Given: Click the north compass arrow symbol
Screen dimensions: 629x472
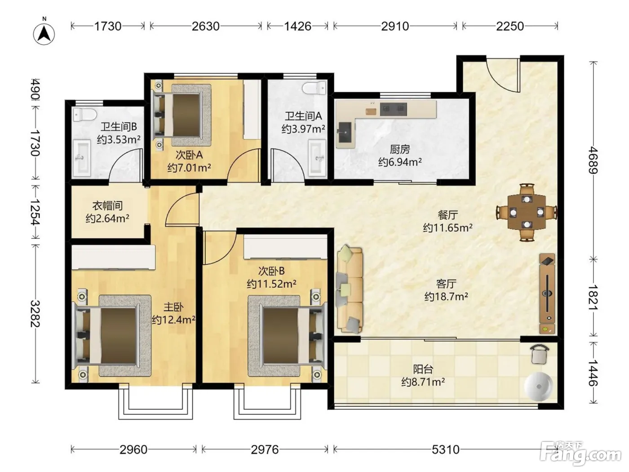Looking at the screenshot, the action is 44,34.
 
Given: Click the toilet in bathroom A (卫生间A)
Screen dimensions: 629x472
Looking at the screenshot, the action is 314,87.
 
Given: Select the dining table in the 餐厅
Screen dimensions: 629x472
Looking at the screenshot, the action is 527,212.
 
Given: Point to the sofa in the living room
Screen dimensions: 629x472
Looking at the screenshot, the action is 350,289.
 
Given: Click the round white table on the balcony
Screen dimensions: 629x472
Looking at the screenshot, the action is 539,386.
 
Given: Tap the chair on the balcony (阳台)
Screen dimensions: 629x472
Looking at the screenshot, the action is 539,355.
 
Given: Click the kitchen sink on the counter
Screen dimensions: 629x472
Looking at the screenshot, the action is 345,133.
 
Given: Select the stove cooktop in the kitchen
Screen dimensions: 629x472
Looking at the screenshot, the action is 394,109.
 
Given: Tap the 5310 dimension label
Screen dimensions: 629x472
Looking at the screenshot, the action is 445,450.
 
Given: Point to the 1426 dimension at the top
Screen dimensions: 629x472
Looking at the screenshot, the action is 297,27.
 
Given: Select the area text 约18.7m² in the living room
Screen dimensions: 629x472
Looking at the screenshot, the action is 446,296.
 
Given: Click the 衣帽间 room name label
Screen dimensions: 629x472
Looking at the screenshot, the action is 107,206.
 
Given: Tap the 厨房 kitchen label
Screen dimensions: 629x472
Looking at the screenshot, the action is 400,149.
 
